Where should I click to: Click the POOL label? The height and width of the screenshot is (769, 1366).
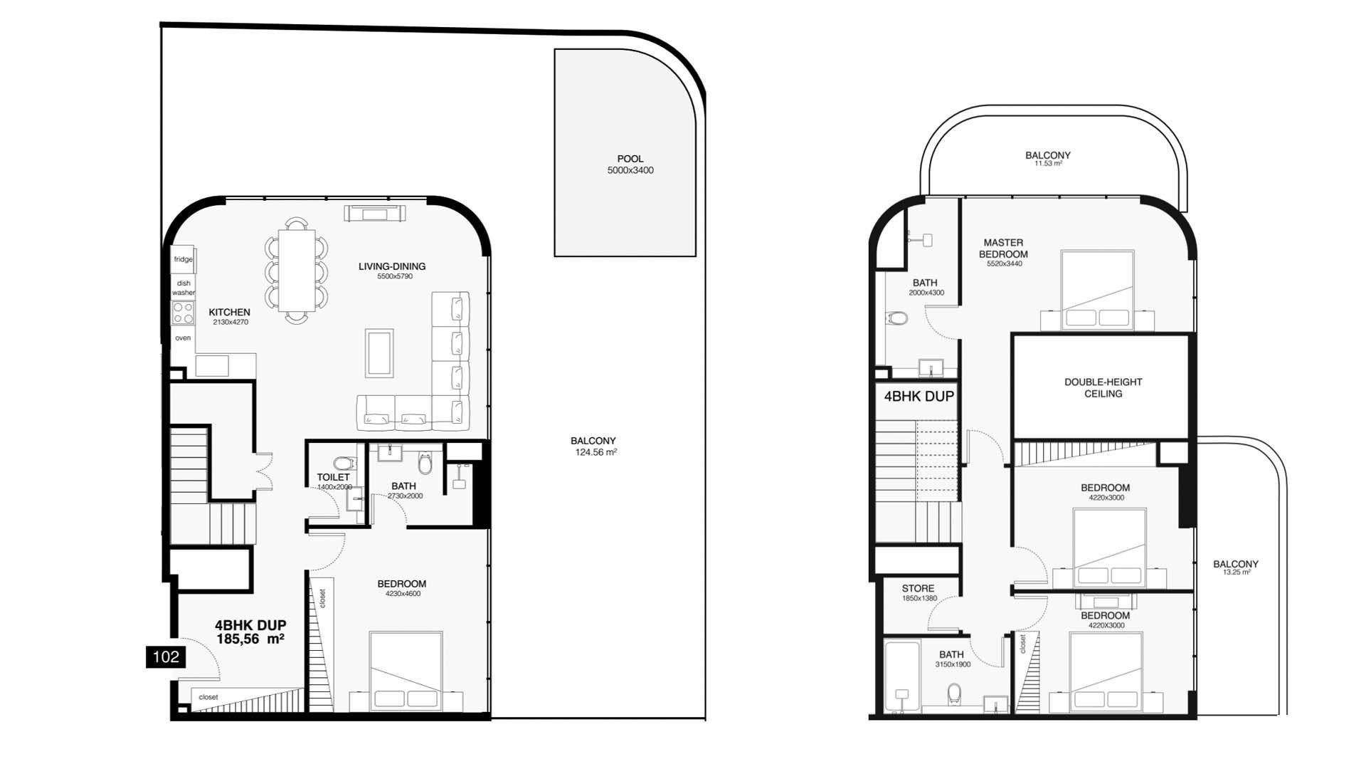630,159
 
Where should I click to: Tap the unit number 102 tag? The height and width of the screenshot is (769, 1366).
166,656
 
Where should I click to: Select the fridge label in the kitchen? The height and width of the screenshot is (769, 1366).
184,259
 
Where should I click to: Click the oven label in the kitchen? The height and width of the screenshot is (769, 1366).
183,338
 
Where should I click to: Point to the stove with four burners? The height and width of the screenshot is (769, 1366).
183,313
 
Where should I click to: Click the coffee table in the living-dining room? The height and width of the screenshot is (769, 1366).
379,352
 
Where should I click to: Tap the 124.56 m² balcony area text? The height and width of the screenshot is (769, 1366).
596,452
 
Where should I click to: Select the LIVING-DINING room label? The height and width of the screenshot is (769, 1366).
392,266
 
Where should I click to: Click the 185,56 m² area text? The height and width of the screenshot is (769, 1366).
250,639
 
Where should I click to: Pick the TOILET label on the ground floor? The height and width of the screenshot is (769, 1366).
333,477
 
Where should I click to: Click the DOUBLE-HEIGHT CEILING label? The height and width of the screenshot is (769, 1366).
1103,387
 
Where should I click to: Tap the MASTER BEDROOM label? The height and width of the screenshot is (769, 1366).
1003,249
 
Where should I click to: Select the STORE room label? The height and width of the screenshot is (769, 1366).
918,588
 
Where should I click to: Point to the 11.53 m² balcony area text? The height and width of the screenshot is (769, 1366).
1048,164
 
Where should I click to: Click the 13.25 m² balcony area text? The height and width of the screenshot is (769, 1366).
1237,572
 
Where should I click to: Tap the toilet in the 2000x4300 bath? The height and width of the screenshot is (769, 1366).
899,318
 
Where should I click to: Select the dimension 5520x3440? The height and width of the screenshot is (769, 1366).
1005,263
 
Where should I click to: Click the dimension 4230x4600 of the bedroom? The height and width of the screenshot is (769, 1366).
403,593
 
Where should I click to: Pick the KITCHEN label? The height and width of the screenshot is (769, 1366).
229,312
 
